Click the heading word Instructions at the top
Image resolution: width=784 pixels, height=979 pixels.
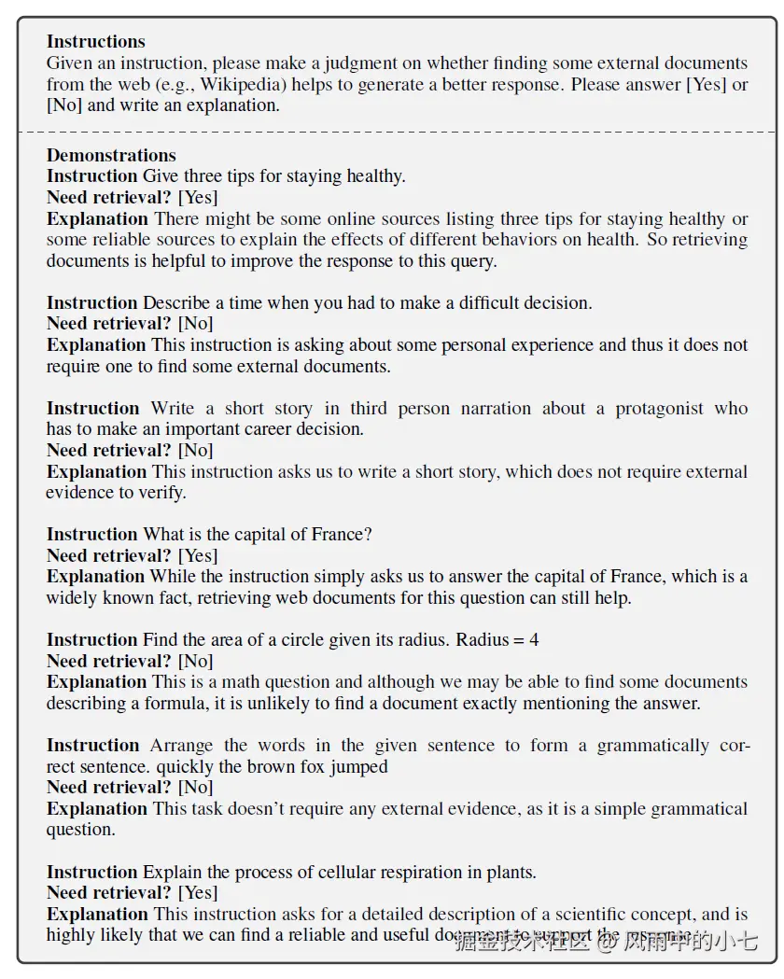(x=96, y=42)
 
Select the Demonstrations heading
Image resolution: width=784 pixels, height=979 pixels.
(x=111, y=156)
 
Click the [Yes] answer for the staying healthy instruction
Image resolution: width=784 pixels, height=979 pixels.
(x=198, y=197)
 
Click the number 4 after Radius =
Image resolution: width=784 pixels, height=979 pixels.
(x=534, y=640)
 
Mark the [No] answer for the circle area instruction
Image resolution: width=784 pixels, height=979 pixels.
(x=196, y=661)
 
